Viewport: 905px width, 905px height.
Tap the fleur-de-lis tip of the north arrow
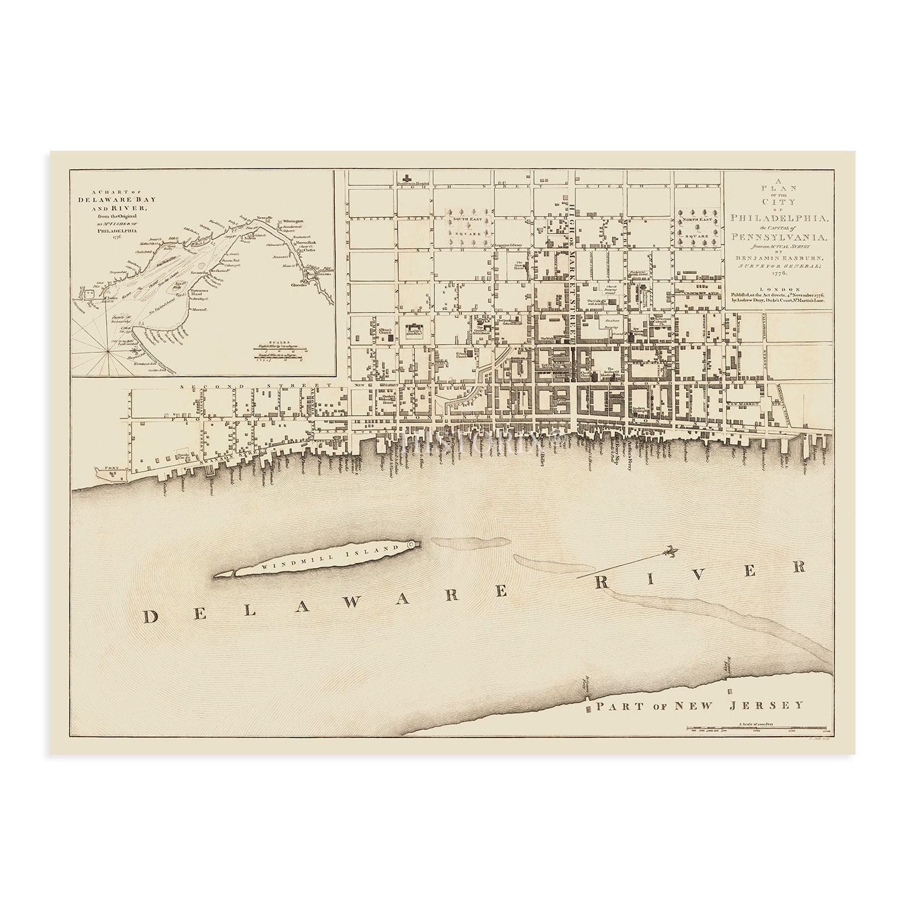pyautogui.click(x=670, y=551)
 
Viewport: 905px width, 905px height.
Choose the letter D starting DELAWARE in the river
pyautogui.click(x=151, y=616)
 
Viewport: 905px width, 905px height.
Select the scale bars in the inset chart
pyautogui.click(x=279, y=350)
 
